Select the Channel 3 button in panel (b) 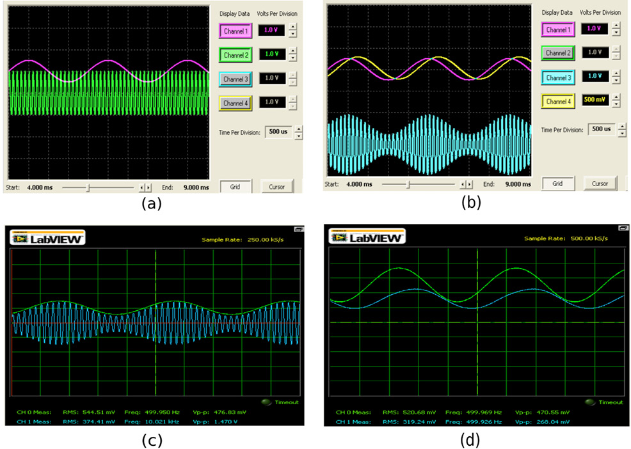pos(557,77)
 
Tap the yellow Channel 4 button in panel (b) pos(557,102)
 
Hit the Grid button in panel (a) pos(236,185)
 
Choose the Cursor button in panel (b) pos(600,184)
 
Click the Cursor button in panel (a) pos(277,185)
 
